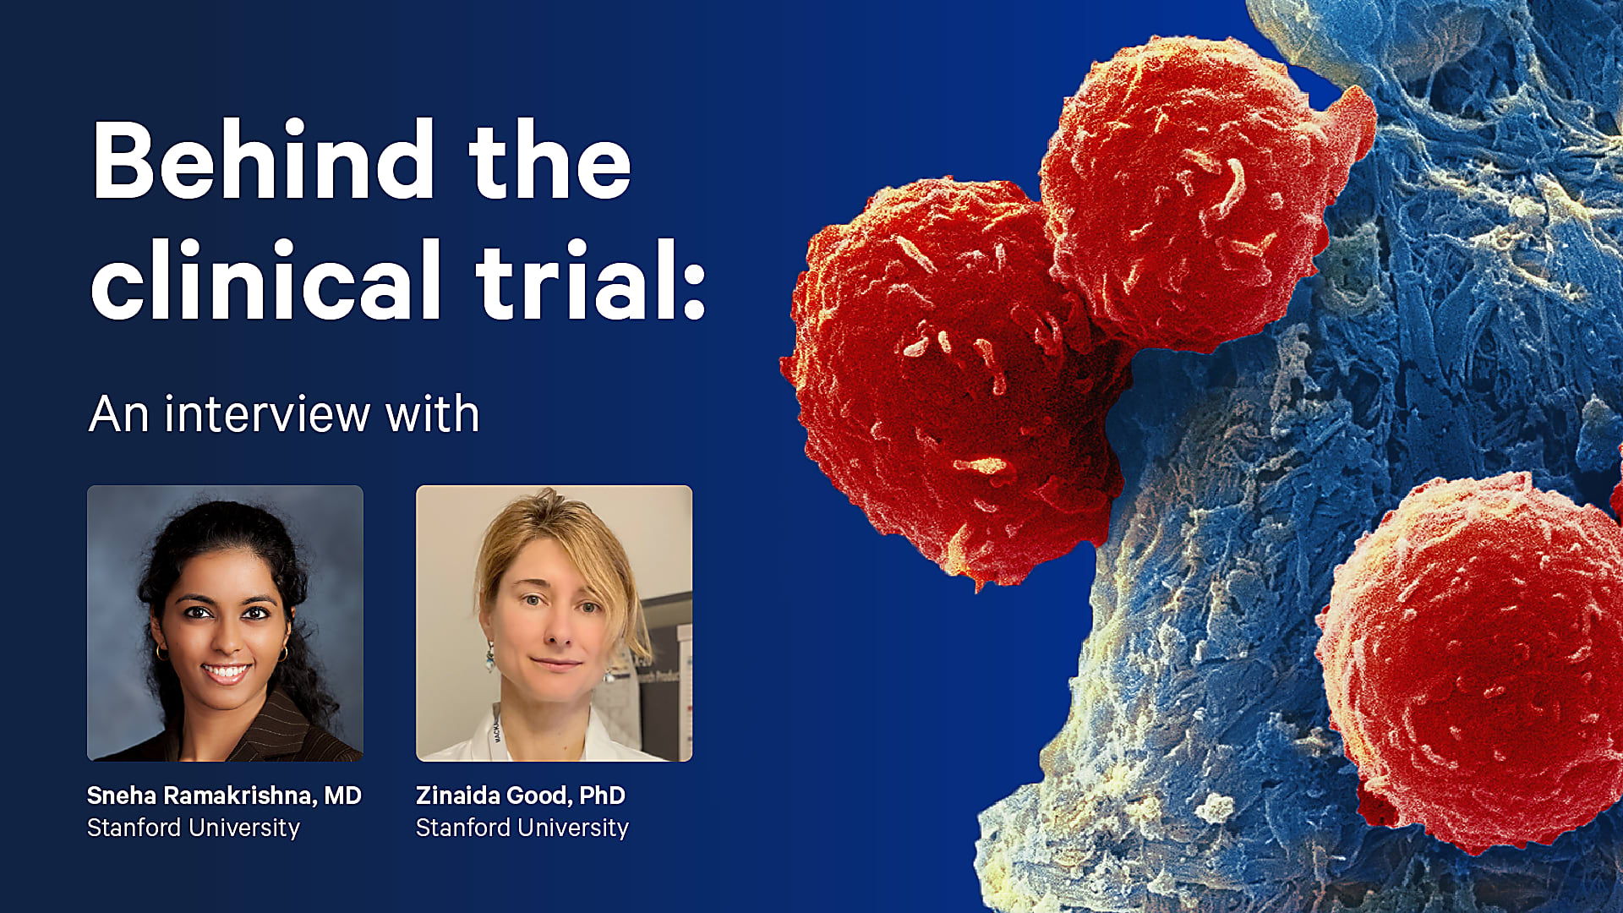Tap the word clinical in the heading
pos(265,281)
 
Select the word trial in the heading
pos(566,281)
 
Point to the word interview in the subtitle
pos(267,414)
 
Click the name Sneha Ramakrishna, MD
pos(224,795)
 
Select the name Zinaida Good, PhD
pos(521,795)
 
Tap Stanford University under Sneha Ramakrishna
pos(194,828)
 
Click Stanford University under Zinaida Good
pos(522,828)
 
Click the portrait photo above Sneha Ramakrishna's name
pos(225,623)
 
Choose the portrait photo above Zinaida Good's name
pos(554,623)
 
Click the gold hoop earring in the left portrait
pos(284,653)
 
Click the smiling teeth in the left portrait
pos(226,673)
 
